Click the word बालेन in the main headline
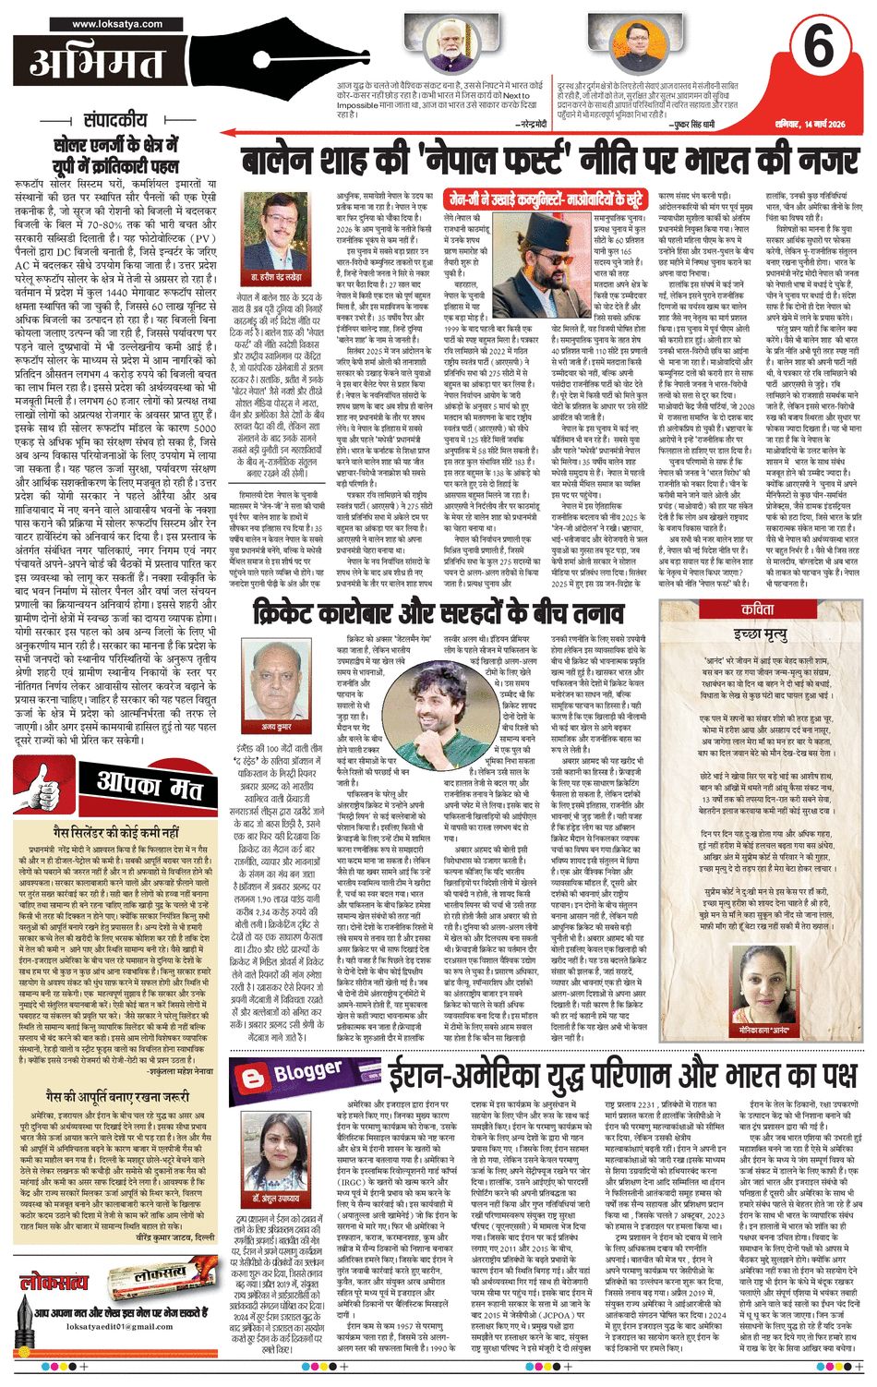(x=294, y=160)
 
